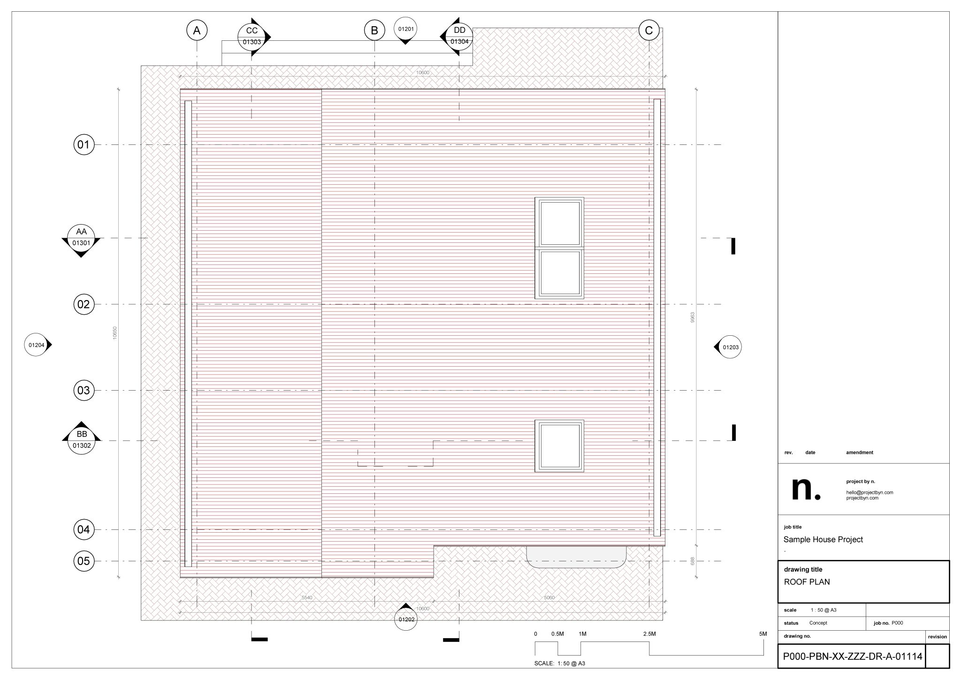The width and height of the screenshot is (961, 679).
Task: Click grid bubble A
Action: [197, 30]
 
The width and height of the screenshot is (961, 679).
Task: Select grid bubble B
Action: [374, 30]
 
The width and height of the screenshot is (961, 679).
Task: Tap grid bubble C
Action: [649, 30]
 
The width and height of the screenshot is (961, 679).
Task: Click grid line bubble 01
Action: [84, 144]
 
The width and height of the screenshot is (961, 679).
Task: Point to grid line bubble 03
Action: [84, 390]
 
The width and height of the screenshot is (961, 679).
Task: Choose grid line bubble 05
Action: [84, 561]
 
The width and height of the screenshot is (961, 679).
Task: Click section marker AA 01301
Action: [81, 237]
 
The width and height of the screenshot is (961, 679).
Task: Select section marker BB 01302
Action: [82, 440]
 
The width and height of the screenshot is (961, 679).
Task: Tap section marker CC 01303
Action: [252, 36]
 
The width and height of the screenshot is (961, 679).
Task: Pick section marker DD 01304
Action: [459, 36]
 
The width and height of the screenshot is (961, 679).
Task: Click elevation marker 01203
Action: [730, 347]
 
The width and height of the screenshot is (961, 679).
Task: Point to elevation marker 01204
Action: [37, 345]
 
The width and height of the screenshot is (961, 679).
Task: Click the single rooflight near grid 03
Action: [559, 445]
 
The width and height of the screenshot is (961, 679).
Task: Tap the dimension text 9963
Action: [692, 317]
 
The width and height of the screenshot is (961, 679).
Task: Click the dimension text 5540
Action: [307, 597]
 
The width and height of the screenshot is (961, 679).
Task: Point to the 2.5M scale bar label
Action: [649, 634]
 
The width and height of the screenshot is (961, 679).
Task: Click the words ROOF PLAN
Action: [807, 582]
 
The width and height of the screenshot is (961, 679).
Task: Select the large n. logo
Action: [806, 489]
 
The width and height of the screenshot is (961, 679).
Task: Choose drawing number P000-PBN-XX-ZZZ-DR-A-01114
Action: [852, 656]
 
